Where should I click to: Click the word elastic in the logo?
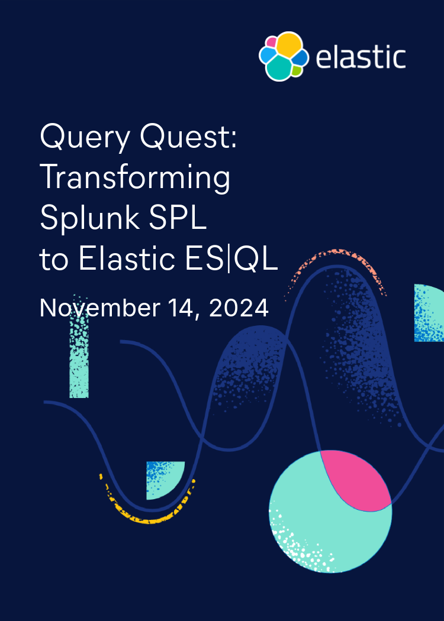[x=361, y=58]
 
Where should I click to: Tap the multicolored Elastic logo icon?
[x=284, y=56]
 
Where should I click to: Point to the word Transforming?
[x=135, y=179]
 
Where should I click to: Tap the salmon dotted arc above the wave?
[x=337, y=260]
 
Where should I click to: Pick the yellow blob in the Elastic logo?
[x=289, y=44]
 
